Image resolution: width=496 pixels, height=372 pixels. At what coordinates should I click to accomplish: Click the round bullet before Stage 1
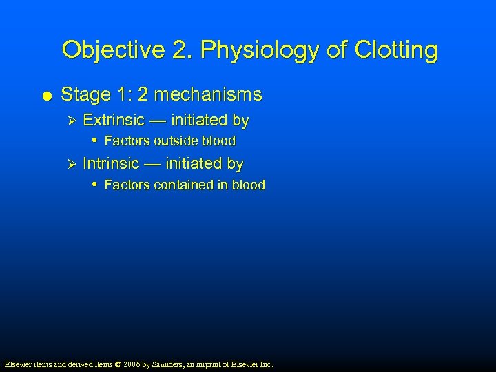click(45, 95)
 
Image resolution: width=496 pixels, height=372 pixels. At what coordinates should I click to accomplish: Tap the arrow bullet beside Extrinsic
click(67, 121)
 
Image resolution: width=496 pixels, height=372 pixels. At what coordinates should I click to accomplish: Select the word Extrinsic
click(114, 121)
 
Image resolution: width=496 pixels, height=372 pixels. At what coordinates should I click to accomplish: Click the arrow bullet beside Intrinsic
click(67, 165)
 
